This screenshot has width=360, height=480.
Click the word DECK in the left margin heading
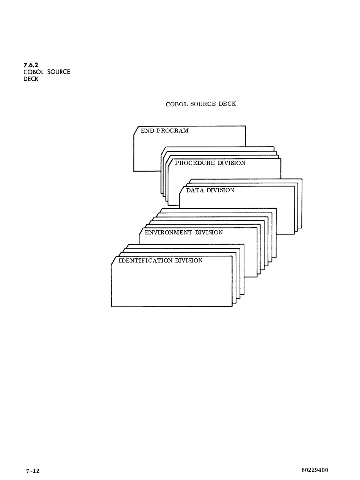[x=31, y=79]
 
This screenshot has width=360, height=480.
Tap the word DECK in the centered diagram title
[x=227, y=104]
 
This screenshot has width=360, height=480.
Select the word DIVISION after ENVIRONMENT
[x=209, y=232]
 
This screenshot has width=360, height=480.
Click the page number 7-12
[x=33, y=471]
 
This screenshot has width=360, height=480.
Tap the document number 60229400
[x=315, y=471]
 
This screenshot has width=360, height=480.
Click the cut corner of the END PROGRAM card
[x=136, y=130]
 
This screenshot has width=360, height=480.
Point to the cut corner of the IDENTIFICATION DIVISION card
[x=113, y=261]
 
